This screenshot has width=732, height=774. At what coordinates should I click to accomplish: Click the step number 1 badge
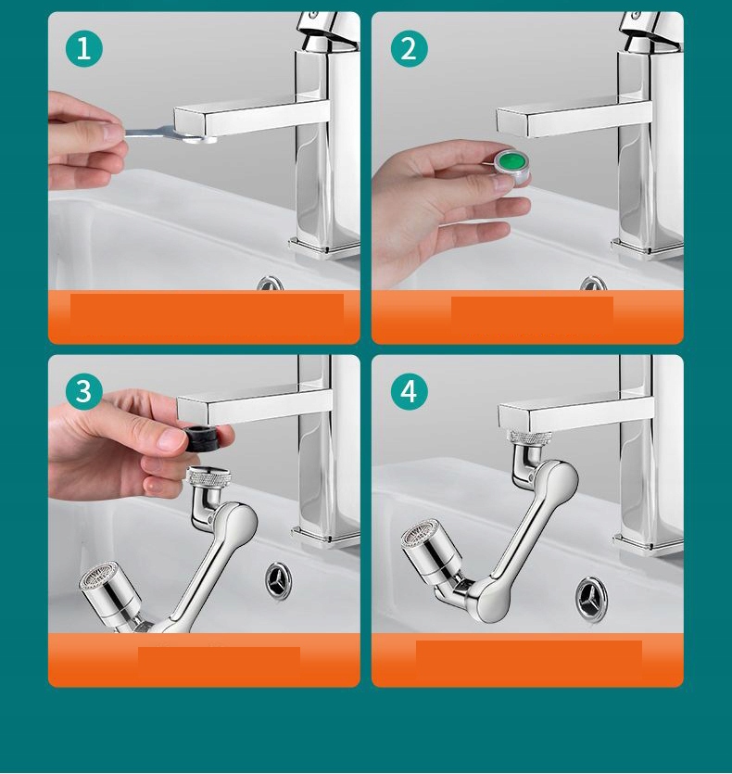click(x=84, y=48)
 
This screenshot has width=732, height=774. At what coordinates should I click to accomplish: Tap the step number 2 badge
click(x=410, y=48)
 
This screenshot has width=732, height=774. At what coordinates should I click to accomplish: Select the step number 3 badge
click(x=84, y=391)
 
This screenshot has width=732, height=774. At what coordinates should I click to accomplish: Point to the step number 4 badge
click(x=410, y=391)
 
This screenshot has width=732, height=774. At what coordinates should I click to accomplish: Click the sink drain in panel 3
click(x=278, y=581)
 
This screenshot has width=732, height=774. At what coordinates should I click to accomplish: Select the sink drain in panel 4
click(x=591, y=598)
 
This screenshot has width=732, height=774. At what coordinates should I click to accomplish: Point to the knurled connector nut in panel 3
click(x=209, y=476)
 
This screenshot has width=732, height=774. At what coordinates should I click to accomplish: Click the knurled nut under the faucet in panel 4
click(x=530, y=438)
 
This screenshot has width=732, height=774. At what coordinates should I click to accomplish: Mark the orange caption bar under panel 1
click(x=204, y=317)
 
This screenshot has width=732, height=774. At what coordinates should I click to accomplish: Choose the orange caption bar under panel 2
click(x=527, y=317)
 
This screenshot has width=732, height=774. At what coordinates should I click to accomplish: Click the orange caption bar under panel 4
click(x=527, y=660)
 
